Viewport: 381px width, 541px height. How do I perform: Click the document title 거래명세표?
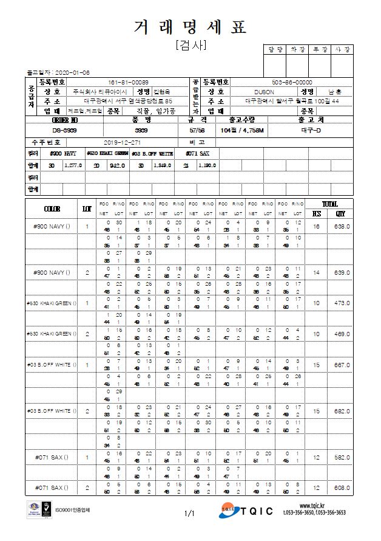pos(190,27)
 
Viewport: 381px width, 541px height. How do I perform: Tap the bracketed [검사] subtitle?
pos(190,45)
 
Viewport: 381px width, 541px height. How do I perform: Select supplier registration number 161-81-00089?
pos(128,81)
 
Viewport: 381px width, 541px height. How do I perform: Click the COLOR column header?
pos(52,208)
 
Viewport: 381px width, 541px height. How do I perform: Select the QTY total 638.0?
pos(343,226)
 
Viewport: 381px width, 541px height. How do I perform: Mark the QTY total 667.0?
pos(343,365)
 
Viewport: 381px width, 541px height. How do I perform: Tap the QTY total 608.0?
pos(343,488)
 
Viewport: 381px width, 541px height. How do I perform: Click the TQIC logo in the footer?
pos(246,513)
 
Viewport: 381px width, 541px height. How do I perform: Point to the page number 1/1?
pos(189,514)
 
